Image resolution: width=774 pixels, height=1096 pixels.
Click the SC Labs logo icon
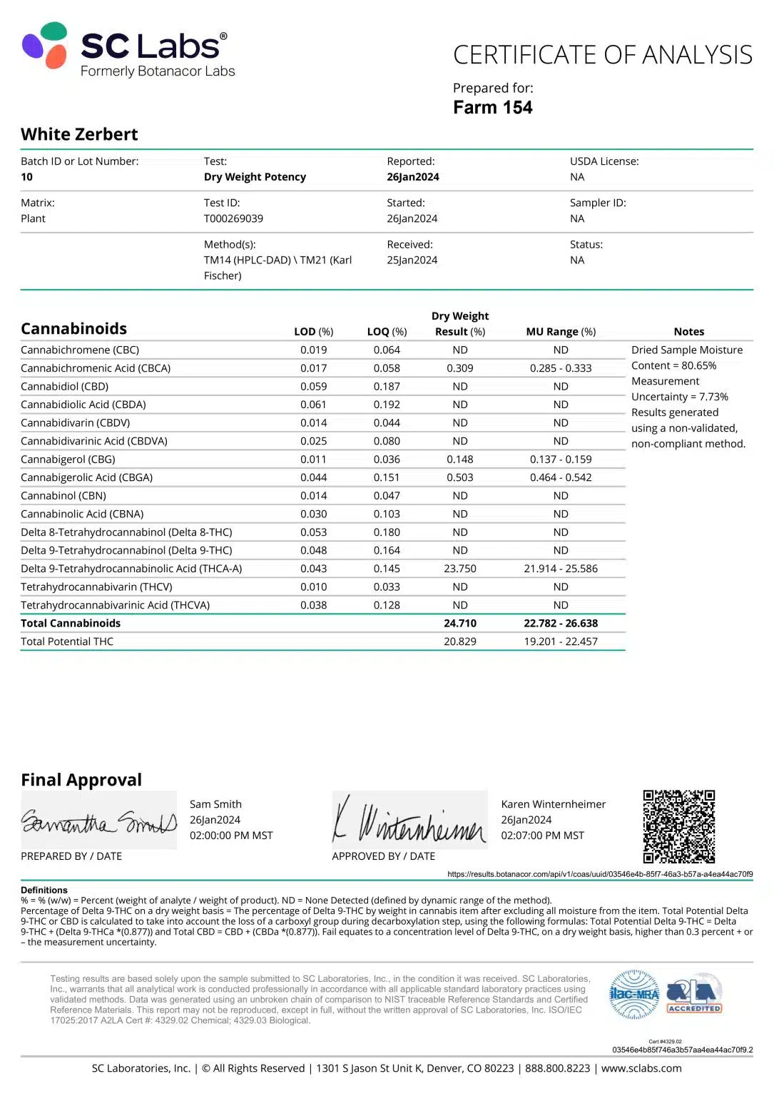(45, 45)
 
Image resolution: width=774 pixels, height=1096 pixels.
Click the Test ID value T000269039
(233, 218)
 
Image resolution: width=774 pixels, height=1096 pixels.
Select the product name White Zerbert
(79, 134)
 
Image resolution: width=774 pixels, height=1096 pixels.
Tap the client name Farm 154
(492, 108)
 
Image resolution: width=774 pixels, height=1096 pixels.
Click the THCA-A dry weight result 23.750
(460, 569)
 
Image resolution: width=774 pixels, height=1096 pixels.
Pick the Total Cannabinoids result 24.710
(460, 623)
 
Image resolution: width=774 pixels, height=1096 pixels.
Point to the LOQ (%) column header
(387, 332)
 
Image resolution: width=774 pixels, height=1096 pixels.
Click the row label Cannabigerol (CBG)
(68, 460)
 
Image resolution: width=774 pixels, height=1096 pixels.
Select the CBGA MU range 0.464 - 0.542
(561, 477)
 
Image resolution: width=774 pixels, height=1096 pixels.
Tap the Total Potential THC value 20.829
(460, 641)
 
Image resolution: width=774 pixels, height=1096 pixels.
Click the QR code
(678, 826)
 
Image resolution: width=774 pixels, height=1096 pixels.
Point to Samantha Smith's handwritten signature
(98, 823)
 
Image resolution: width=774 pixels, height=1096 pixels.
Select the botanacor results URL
(600, 874)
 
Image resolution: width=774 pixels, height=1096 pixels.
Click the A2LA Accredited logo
(694, 994)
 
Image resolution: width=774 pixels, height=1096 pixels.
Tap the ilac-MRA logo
(633, 994)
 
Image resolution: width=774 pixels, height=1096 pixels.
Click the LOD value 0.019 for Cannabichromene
(313, 350)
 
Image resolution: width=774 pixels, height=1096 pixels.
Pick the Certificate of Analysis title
(603, 55)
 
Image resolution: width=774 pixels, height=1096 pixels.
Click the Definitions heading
(44, 890)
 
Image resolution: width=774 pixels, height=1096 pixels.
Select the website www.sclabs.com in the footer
(641, 1068)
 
